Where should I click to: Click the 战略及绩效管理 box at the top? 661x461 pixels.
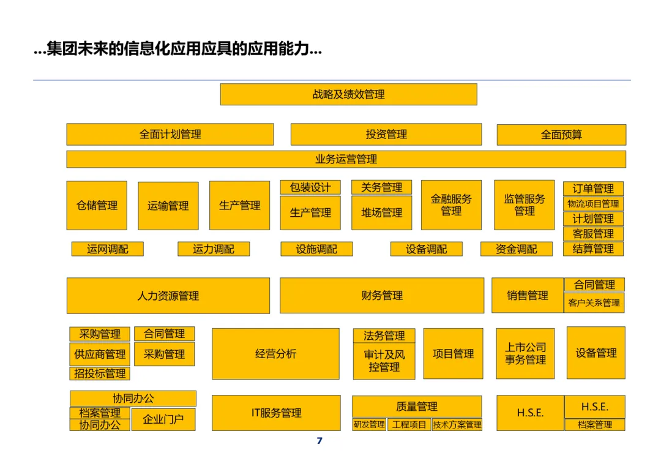(348, 94)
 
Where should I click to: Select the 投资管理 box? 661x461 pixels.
(386, 134)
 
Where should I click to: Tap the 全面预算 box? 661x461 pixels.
(561, 135)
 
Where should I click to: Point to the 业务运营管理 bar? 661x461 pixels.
(346, 159)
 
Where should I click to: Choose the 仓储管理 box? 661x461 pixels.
(97, 206)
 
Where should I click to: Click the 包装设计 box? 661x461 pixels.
(310, 187)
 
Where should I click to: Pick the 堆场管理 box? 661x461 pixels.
(381, 213)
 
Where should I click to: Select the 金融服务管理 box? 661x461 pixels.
(451, 205)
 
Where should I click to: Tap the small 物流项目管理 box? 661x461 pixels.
(592, 204)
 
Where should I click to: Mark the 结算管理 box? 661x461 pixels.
(592, 249)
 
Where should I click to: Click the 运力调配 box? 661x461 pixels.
(213, 249)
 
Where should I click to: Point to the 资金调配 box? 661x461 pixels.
(516, 249)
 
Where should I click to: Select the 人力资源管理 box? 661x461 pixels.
(168, 296)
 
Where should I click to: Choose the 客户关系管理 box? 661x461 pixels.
(594, 302)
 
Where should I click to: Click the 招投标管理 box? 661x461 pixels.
(100, 373)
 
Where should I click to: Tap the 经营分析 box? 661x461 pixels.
(275, 354)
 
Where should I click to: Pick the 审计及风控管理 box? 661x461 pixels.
(384, 361)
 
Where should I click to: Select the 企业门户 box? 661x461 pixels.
(163, 419)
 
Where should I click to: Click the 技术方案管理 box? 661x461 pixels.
(457, 425)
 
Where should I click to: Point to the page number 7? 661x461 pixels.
(319, 441)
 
